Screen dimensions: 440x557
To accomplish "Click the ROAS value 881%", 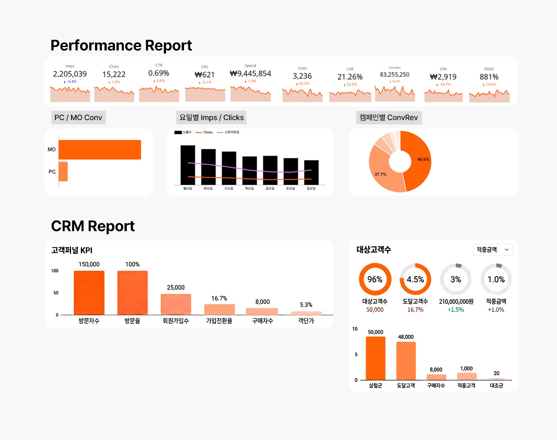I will click(x=489, y=77).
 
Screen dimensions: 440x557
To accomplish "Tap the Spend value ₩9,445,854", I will click(x=250, y=74).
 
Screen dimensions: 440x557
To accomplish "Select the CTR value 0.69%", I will click(x=158, y=73).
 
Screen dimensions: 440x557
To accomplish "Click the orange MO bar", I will click(x=99, y=150).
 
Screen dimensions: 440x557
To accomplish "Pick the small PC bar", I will click(x=63, y=171).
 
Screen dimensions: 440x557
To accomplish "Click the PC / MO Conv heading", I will click(x=78, y=118).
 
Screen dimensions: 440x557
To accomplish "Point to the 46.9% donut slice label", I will click(x=423, y=159).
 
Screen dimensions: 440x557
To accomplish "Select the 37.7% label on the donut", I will click(x=380, y=174).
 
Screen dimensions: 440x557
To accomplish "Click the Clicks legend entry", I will click(x=204, y=132).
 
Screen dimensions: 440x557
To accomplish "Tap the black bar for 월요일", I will click(x=188, y=165).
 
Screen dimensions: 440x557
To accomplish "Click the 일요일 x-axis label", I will click(x=311, y=188).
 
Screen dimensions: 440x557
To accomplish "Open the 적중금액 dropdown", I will click(x=493, y=250).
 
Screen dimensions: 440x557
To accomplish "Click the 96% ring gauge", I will click(x=375, y=279).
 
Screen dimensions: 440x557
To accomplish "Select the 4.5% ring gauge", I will click(x=415, y=279).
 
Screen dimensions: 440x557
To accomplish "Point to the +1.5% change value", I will click(x=456, y=310).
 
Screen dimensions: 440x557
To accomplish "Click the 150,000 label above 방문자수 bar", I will click(x=89, y=264).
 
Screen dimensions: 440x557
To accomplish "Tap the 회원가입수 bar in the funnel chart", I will click(x=176, y=304).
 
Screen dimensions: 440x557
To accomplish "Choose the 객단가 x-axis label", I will click(x=306, y=321).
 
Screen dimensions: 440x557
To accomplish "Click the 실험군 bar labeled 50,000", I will click(x=376, y=358).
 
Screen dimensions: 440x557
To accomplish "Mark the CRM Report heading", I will click(x=93, y=226).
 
